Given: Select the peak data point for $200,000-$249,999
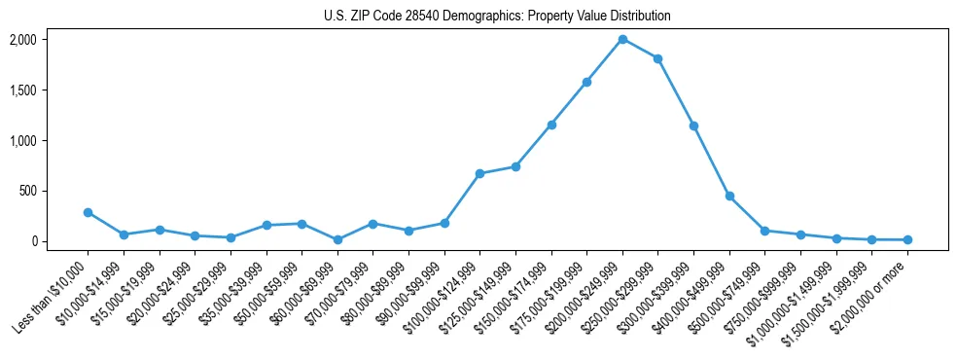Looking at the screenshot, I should coord(622,39).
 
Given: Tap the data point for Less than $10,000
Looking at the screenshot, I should coord(88,212).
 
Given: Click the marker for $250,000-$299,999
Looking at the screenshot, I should coord(658,58).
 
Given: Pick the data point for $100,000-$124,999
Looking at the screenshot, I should coord(479,173).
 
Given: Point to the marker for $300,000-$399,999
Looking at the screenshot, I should coord(693,126).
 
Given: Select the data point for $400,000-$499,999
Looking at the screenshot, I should coord(729,196).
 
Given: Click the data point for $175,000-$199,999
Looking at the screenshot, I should coord(586,82).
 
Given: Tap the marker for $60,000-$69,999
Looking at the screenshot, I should coord(337,239).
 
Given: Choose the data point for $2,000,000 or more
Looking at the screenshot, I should coord(907,239).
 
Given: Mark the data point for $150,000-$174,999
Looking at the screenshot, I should coord(551,125).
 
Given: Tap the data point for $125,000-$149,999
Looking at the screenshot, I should coord(515,166).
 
